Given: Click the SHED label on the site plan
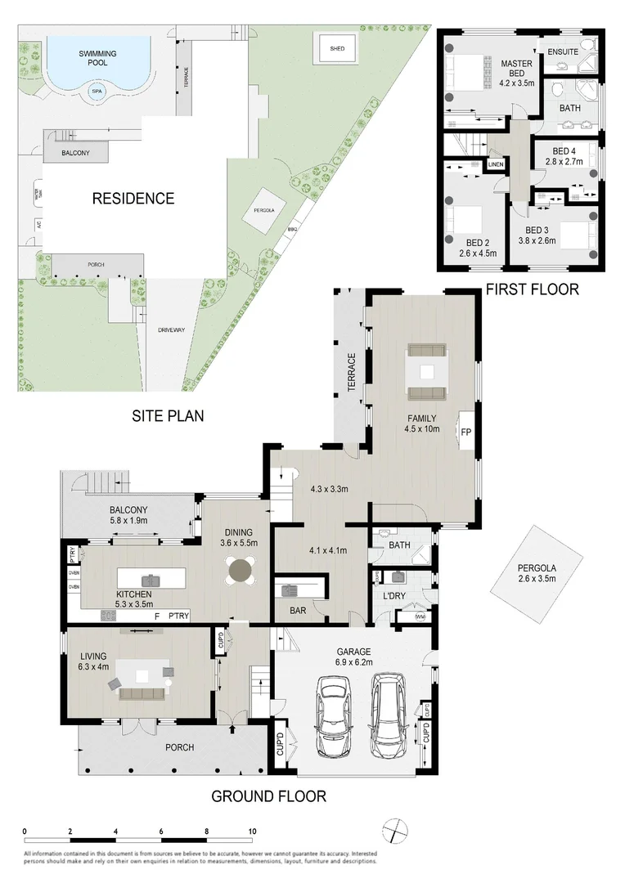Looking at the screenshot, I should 337,48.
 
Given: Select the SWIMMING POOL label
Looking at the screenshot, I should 97,57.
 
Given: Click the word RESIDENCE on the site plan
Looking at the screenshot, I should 133,198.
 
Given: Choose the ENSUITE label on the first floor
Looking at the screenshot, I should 563,52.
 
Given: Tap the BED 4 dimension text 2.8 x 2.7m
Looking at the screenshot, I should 564,162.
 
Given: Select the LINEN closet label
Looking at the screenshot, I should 496,165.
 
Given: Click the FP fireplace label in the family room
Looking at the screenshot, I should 466,432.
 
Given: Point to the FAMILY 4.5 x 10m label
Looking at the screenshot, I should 423,424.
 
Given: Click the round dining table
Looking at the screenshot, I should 241,571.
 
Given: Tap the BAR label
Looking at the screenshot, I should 299,609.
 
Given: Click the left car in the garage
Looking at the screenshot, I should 334,718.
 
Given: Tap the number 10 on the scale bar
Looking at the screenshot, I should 252,831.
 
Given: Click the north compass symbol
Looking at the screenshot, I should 395,830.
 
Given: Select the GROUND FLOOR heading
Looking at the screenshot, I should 268,796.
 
